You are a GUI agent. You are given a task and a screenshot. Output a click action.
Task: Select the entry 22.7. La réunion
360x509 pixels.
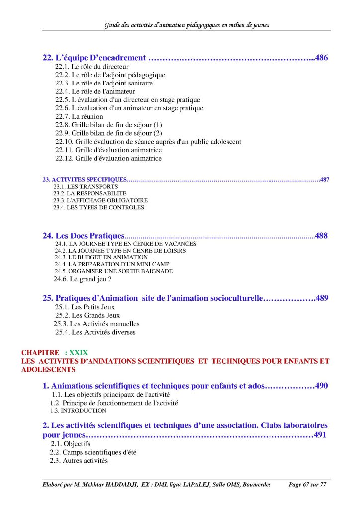pos(79,116)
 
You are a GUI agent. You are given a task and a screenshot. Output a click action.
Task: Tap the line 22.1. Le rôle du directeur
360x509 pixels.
pos(92,66)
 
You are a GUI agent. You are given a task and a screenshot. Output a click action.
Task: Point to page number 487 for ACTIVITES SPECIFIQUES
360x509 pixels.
pos(325,180)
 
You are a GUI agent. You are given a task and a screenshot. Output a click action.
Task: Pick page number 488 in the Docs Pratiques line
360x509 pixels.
pos(321,236)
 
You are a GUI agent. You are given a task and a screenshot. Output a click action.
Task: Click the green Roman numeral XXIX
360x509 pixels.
pos(79,353)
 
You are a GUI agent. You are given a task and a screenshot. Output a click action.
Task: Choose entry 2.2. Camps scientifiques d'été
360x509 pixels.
pos(93,452)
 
